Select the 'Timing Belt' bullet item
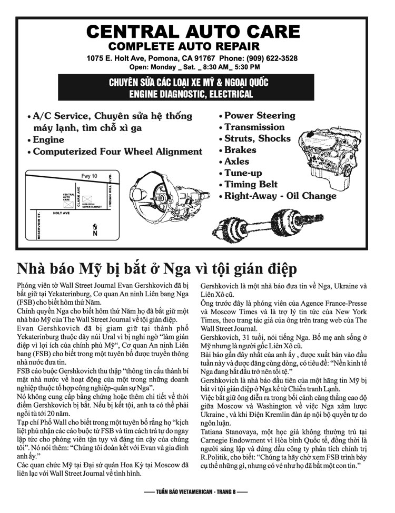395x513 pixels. [x=251, y=184]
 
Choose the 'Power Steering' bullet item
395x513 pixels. [x=260, y=115]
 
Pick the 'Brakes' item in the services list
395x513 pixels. [x=240, y=150]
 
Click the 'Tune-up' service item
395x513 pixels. [x=243, y=173]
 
